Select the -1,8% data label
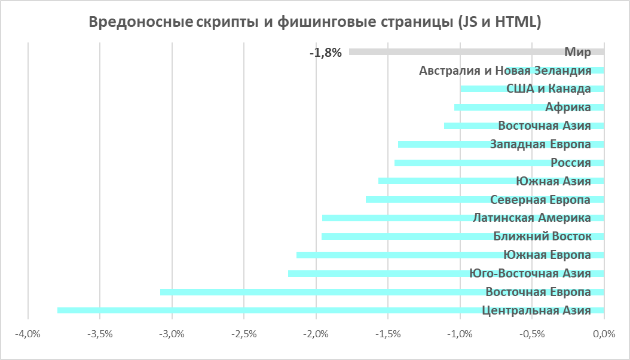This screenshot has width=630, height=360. [x=326, y=53]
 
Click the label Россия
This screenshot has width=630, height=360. [x=570, y=163]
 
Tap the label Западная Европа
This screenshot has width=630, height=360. [x=540, y=144]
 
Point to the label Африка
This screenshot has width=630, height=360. [x=568, y=108]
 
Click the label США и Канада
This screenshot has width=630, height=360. [x=548, y=89]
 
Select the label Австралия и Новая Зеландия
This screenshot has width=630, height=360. [x=505, y=71]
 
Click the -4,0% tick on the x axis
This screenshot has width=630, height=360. [x=28, y=334]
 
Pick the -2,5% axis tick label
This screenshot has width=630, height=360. [x=244, y=334]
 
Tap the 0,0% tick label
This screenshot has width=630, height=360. [x=604, y=334]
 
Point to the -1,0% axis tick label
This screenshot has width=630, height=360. [x=460, y=334]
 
